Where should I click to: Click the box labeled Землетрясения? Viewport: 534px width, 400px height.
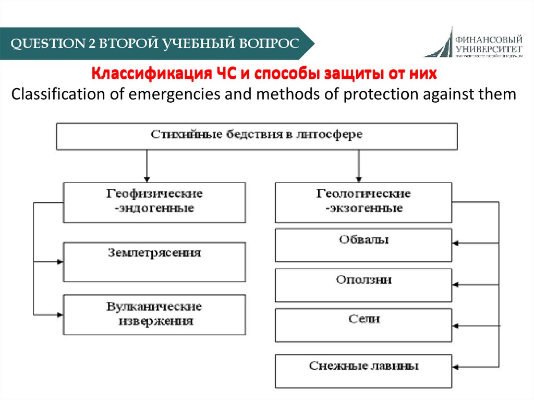coord(154,262)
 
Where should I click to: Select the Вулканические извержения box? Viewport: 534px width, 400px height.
coord(154,314)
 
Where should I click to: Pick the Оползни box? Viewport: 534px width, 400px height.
coord(363,285)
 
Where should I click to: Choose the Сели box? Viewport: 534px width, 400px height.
coord(363,325)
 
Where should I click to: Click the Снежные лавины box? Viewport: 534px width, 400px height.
coord(363,371)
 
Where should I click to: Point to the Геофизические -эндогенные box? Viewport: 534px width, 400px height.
coord(154,201)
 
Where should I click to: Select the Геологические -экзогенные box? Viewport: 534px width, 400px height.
coord(363,202)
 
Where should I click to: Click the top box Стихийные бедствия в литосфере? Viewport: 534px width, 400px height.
coord(257,136)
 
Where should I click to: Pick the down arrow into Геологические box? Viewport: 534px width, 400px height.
coord(358,177)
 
